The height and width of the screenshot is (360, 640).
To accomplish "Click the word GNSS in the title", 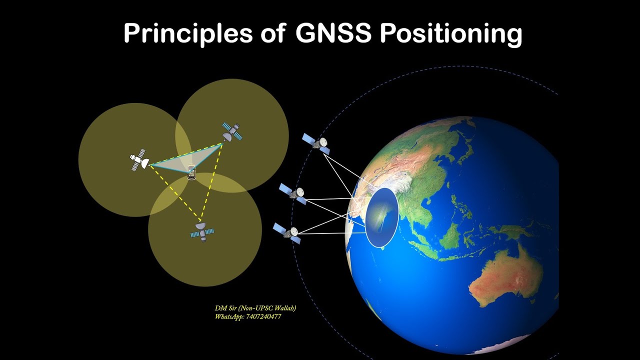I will click(334, 34).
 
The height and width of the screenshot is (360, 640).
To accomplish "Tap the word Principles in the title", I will click(188, 34).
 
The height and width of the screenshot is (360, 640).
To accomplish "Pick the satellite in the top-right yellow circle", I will click(232, 131).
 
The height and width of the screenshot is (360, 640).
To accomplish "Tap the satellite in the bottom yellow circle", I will click(202, 231).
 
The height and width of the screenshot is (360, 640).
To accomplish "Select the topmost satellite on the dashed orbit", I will click(316, 143).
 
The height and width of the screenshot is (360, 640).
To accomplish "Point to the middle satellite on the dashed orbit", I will click(293, 193).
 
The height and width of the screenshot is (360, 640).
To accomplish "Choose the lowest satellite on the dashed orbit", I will click(287, 233).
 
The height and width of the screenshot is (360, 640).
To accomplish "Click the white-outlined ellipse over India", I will click(382, 217).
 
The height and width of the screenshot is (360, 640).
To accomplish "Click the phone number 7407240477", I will click(263, 317).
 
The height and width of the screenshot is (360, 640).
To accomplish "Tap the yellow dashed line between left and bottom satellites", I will click(175, 192).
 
